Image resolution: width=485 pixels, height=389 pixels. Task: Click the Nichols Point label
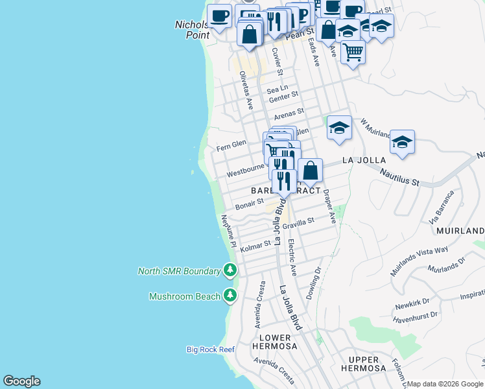tap(192, 30)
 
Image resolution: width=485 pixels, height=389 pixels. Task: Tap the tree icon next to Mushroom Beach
tap(230, 296)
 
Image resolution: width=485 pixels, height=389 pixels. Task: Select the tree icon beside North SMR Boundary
tap(230, 270)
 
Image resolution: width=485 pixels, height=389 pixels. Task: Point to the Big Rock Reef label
tap(210, 350)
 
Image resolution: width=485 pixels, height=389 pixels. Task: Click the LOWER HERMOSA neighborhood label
tap(278, 342)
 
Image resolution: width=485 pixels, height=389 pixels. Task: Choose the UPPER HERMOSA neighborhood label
tap(363, 364)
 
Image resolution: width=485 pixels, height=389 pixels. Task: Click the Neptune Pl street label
tap(228, 231)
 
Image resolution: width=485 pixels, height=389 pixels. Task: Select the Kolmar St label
tap(255, 246)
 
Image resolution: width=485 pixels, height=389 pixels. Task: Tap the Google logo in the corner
tap(21, 381)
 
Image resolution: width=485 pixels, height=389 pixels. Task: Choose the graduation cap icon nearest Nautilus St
tap(402, 143)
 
